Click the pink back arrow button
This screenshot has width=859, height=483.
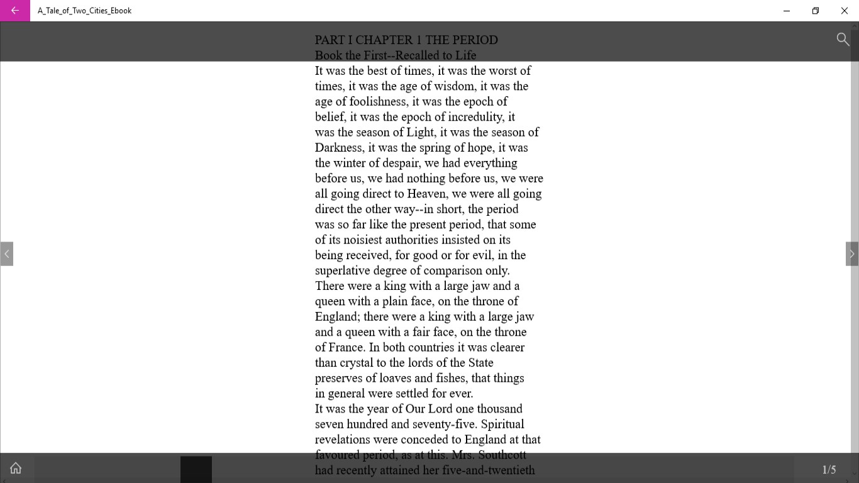click(15, 11)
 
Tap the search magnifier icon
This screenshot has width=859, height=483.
click(843, 39)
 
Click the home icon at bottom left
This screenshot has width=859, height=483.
click(16, 468)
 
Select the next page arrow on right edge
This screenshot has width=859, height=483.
click(852, 254)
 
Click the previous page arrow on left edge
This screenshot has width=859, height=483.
click(7, 254)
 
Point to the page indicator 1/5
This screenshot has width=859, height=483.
click(829, 470)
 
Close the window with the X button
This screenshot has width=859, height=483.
click(845, 11)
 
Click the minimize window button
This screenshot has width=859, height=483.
click(787, 11)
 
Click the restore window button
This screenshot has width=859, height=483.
click(816, 11)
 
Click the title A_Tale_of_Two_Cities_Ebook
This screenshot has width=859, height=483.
click(85, 11)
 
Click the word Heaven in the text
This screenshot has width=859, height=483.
click(427, 194)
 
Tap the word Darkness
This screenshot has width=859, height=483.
click(339, 148)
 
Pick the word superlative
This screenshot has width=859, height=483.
click(344, 270)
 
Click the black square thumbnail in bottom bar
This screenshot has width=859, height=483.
click(196, 469)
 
